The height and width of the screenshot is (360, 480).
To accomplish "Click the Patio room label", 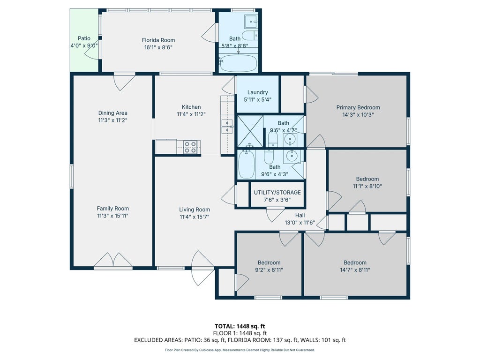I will [x=84, y=38].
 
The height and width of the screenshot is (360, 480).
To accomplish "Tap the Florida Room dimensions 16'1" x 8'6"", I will [x=158, y=47].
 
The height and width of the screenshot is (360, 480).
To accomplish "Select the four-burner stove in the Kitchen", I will [x=190, y=147].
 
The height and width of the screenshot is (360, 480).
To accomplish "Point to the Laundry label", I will [x=257, y=92].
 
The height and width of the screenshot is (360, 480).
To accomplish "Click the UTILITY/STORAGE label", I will [x=277, y=193].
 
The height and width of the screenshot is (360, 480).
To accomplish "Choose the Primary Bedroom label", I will [x=358, y=107].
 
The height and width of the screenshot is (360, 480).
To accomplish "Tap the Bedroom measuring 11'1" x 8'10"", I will [x=367, y=182].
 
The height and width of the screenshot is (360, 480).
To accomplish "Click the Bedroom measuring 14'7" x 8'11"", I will [x=355, y=266].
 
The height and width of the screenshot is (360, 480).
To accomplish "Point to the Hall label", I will [x=300, y=216].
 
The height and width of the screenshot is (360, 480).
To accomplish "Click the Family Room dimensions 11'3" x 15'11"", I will [x=112, y=216].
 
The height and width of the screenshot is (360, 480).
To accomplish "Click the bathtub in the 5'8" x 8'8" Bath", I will [x=238, y=63].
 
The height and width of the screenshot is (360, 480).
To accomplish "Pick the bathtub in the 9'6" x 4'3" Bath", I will [x=247, y=164].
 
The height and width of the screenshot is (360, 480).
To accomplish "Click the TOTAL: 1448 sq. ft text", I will [x=240, y=326].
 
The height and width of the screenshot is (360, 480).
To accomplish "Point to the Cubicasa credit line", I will [x=240, y=350].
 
